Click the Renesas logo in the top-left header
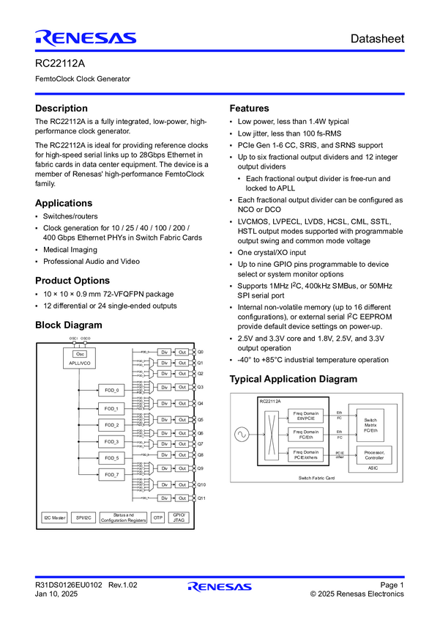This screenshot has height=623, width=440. tap(86, 38)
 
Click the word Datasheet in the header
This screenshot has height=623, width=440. tap(376, 38)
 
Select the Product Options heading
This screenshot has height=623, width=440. tap(72, 280)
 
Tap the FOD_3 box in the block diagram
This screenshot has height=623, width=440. tap(111, 441)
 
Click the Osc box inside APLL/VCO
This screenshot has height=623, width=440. tap(81, 354)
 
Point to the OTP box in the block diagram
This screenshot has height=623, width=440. tap(158, 517)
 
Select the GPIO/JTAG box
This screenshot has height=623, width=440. tap(179, 517)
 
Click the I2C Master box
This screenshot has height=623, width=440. tap(54, 517)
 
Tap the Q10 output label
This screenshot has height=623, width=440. tap(201, 485)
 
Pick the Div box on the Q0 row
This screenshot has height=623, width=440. tap(165, 353)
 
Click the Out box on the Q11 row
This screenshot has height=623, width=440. tap(183, 498)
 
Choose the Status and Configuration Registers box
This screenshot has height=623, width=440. tap(124, 517)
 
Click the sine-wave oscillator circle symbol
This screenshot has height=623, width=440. tap(240, 435)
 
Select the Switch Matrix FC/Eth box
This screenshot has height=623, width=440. tap(370, 424)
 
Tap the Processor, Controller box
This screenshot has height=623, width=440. tap(373, 454)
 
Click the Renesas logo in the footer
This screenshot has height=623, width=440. tap(219, 586)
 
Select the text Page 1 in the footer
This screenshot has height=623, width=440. tap(392, 584)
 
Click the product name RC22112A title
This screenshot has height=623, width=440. tap(60, 63)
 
